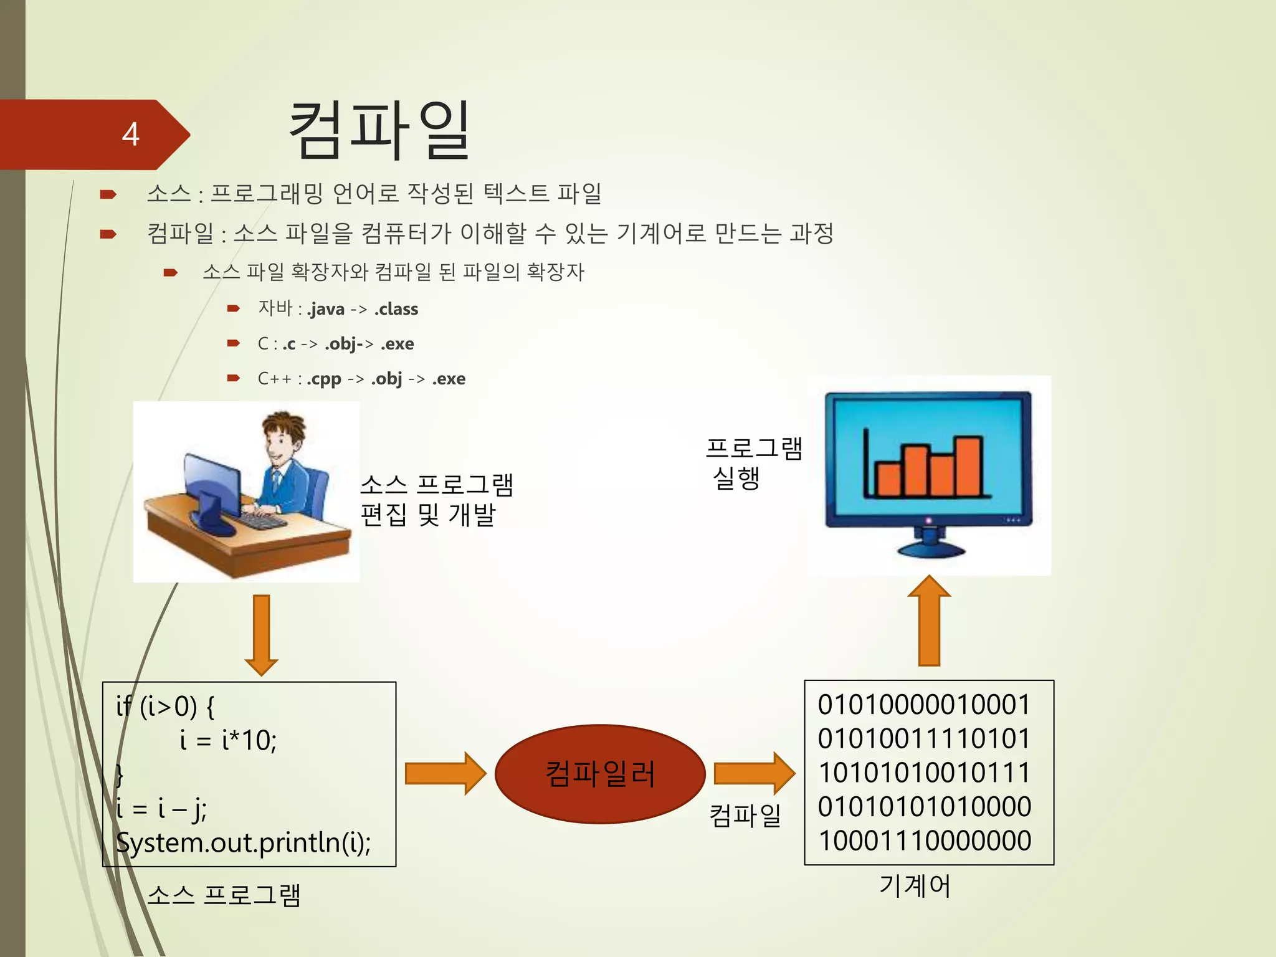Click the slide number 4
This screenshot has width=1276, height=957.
point(130,134)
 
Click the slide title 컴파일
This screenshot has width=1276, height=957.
point(379,131)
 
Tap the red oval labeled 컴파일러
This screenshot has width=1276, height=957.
point(600,774)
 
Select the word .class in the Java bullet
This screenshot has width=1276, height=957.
point(396,309)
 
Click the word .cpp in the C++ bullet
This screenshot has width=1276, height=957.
point(324,379)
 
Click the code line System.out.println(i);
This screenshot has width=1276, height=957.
point(243,842)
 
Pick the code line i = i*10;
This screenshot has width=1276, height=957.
point(228,740)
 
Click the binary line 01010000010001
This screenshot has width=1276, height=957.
point(924,705)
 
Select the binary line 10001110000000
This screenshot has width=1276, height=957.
point(924,840)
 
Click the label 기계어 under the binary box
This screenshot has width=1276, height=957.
point(915,886)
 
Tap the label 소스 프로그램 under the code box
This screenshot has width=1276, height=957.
point(224,895)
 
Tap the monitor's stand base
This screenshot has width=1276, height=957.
point(930,550)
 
